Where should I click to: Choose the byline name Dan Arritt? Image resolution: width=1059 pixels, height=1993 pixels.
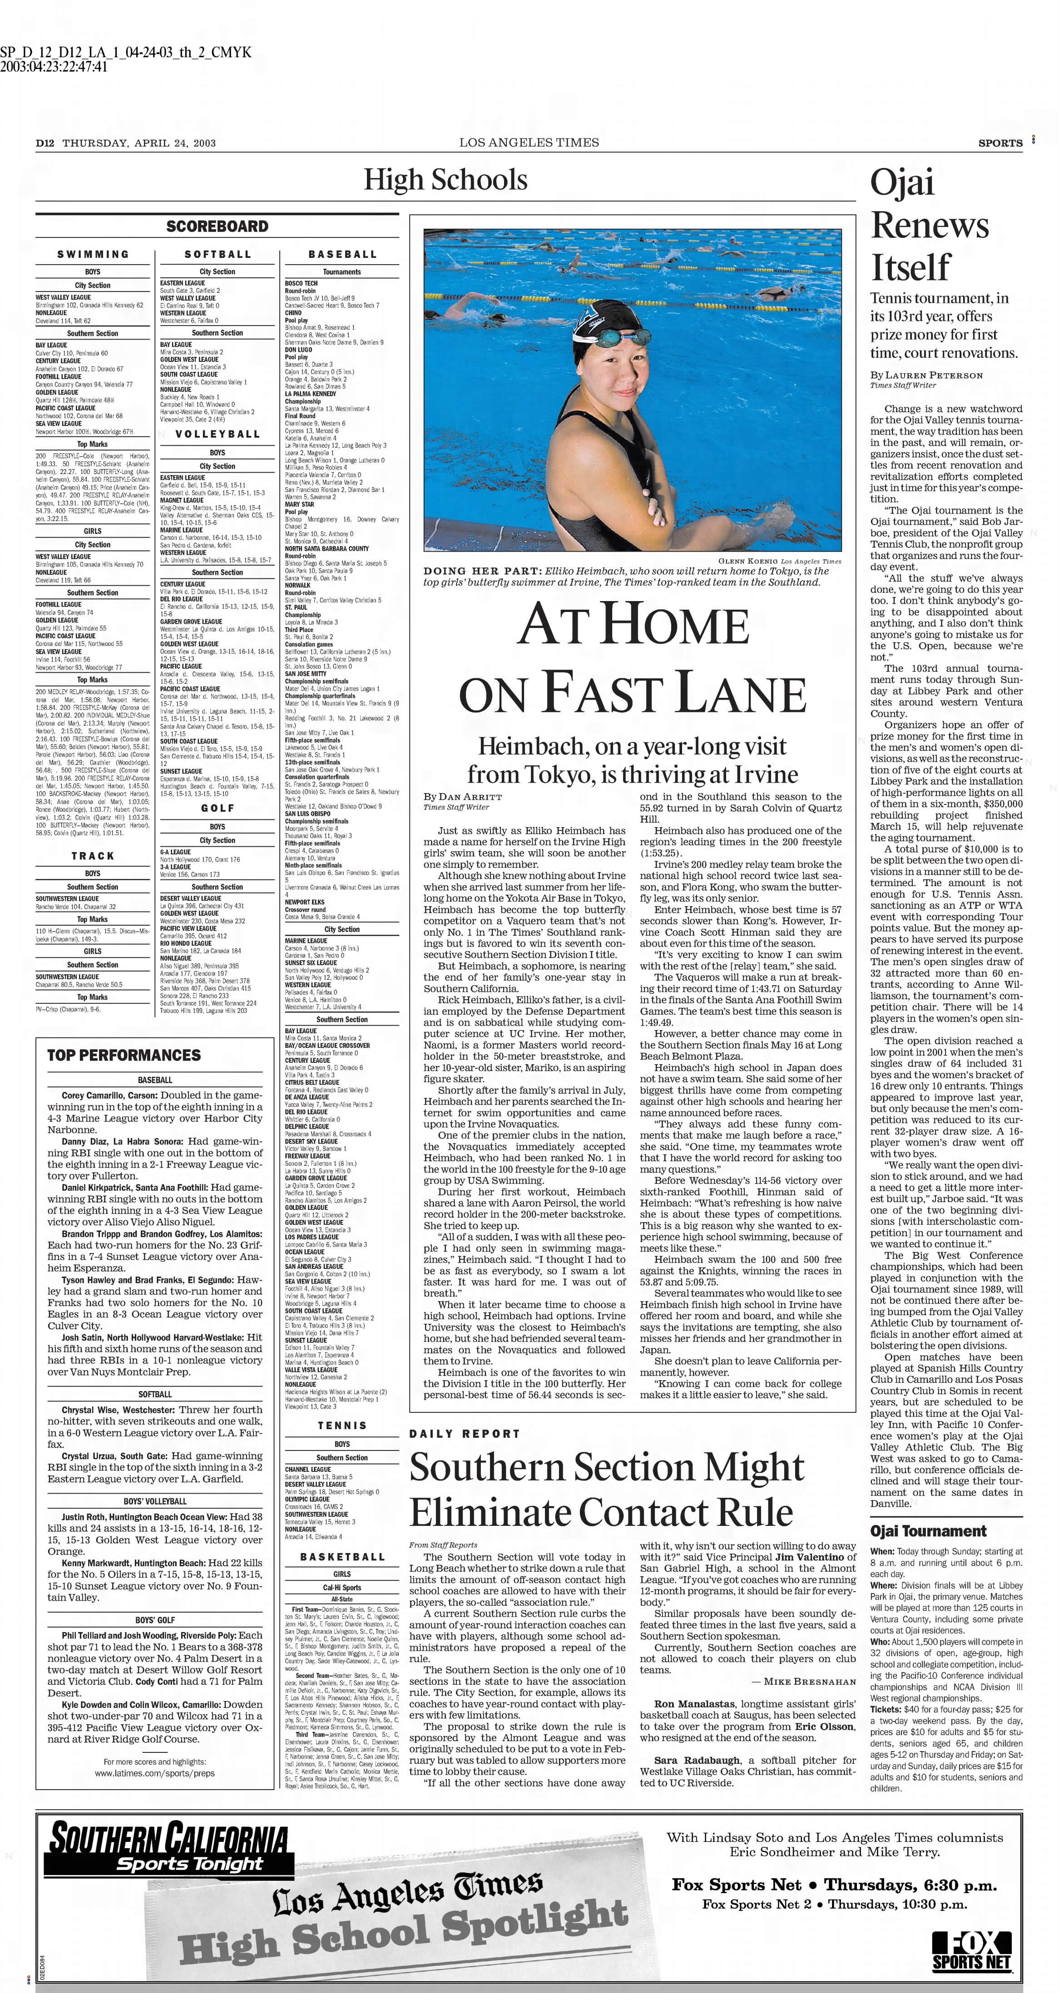(x=470, y=797)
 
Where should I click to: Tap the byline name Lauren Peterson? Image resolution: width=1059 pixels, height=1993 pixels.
(x=934, y=375)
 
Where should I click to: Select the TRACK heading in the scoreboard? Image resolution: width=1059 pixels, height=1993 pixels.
(x=93, y=856)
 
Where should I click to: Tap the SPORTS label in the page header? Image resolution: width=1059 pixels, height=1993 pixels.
(x=1000, y=143)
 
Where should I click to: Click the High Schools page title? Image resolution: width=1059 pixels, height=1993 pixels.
(x=446, y=180)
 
